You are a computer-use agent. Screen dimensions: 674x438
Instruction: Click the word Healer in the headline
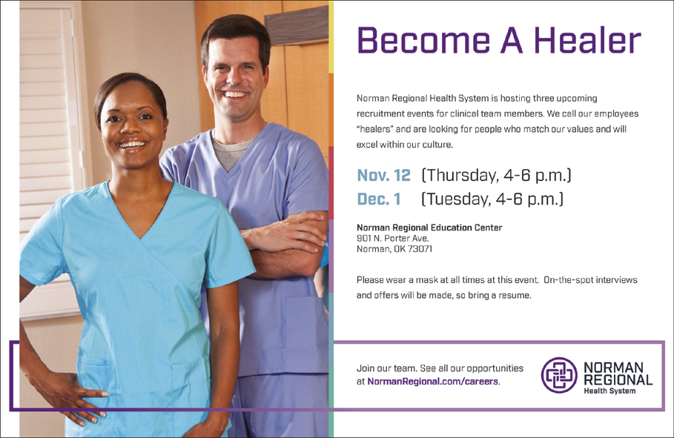point(587,40)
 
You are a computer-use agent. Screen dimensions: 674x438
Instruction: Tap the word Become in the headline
point(423,40)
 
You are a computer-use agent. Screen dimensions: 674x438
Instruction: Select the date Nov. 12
point(384,175)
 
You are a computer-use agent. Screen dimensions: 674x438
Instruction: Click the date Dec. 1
point(379,199)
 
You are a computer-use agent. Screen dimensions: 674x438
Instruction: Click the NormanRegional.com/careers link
point(432,381)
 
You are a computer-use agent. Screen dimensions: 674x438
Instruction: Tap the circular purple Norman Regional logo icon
point(559,375)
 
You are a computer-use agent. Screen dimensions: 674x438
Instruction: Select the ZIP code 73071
point(420,249)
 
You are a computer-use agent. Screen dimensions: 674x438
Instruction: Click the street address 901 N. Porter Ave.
point(393,238)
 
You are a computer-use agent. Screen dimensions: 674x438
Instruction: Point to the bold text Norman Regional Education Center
point(429,228)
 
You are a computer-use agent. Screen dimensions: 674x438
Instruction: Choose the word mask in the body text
point(427,280)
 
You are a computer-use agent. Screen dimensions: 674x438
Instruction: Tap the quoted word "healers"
point(374,129)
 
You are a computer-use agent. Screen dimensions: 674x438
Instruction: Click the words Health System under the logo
point(609,391)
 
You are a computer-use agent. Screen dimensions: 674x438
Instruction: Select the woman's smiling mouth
point(133,145)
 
